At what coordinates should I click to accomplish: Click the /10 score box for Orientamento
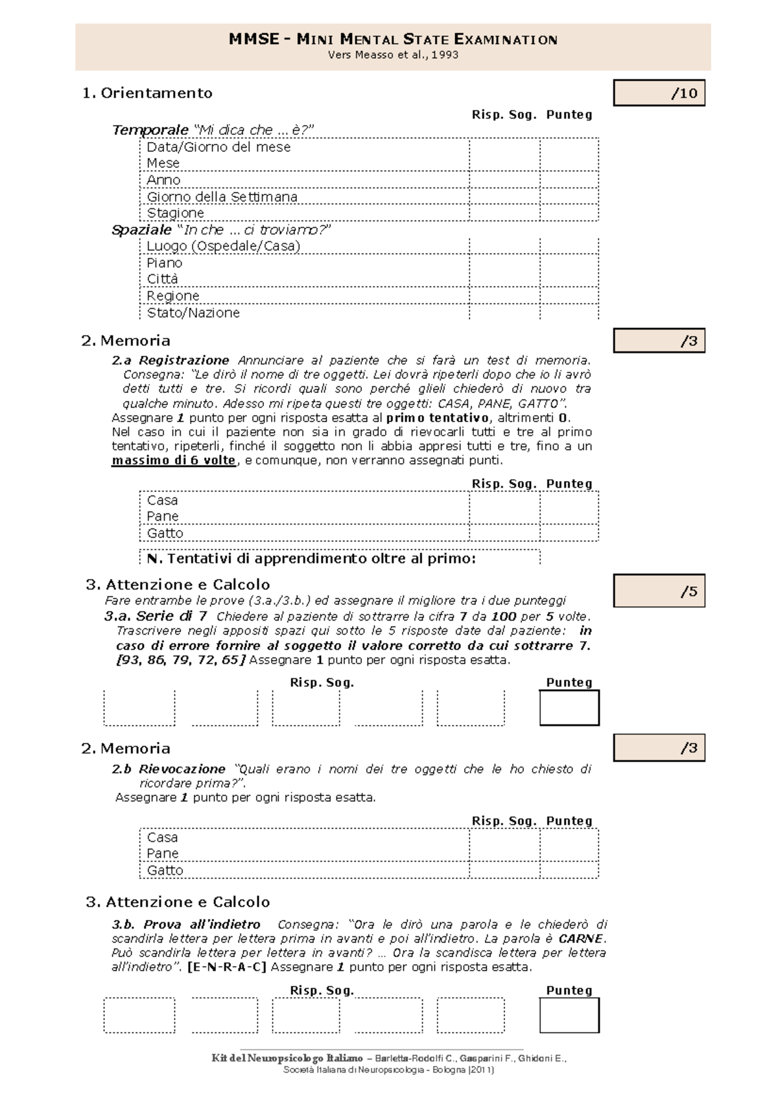(x=659, y=93)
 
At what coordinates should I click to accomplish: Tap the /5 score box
(x=659, y=591)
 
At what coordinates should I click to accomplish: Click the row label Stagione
(x=175, y=213)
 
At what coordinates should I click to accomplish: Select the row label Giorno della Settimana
(x=222, y=196)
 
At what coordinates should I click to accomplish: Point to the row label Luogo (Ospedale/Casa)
(x=223, y=246)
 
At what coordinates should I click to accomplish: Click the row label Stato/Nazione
(x=193, y=313)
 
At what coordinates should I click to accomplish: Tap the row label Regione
(x=172, y=296)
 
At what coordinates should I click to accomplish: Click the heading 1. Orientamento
(x=147, y=93)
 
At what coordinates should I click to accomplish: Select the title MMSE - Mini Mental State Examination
(x=393, y=39)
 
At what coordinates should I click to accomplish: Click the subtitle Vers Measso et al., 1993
(x=393, y=55)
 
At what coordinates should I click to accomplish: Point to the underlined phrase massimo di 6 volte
(x=174, y=460)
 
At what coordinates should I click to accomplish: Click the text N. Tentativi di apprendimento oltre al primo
(x=311, y=558)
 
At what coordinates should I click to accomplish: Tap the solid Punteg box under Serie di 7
(x=569, y=707)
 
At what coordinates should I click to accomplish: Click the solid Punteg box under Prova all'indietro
(x=569, y=1015)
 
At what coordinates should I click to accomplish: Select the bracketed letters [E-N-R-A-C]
(x=227, y=967)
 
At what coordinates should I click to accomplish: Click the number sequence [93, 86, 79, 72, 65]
(x=180, y=660)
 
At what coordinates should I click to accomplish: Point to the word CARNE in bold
(x=582, y=938)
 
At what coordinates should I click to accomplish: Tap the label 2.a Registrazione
(x=171, y=360)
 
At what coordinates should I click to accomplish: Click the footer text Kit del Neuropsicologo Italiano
(x=287, y=1058)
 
